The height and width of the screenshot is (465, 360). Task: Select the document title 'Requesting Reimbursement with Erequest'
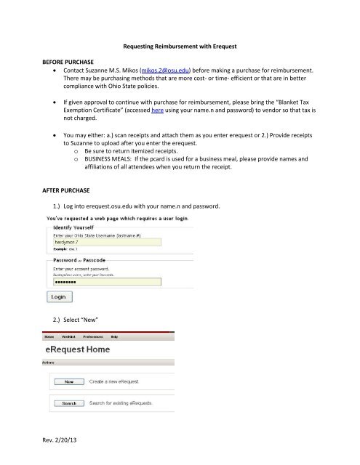pyautogui.click(x=179, y=45)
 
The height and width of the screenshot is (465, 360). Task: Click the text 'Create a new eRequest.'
pyautogui.click(x=118, y=380)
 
